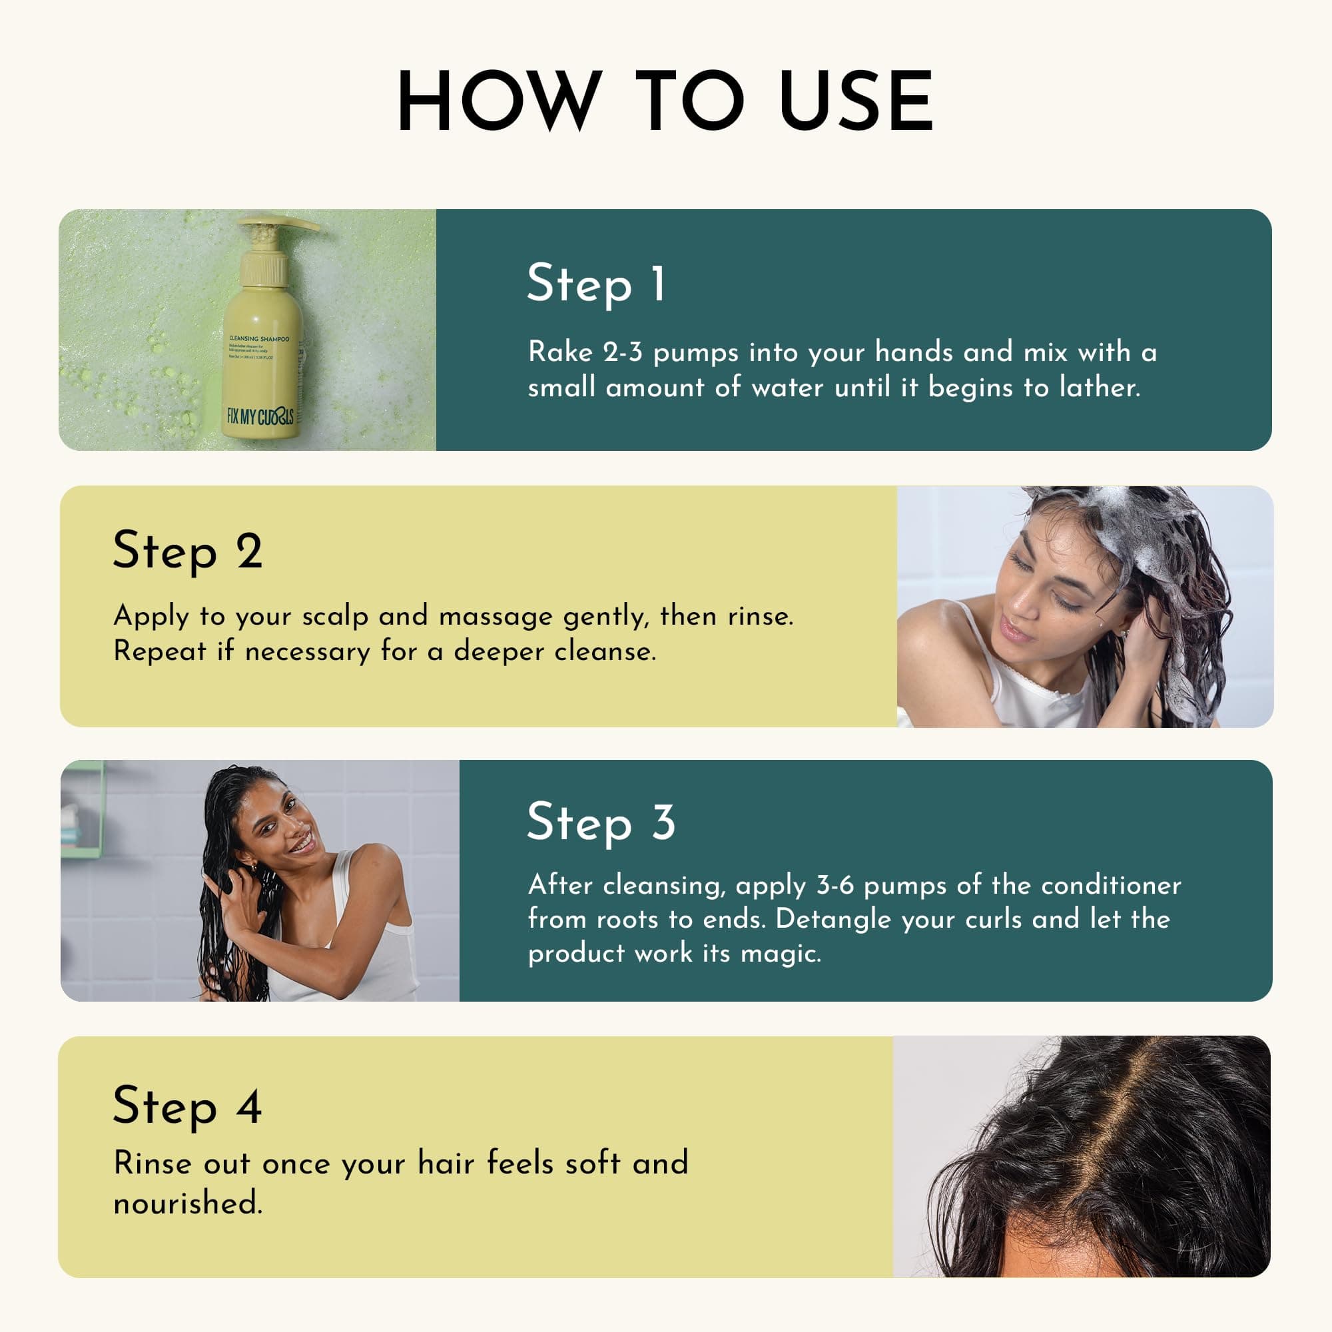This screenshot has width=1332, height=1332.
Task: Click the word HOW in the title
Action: pyautogui.click(x=495, y=101)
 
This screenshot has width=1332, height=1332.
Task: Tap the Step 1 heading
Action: pyautogui.click(x=595, y=283)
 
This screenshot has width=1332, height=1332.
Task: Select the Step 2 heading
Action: pyautogui.click(x=188, y=551)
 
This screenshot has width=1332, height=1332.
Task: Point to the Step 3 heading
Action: pyautogui.click(x=601, y=822)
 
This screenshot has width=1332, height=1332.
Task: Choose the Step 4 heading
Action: pyautogui.click(x=188, y=1106)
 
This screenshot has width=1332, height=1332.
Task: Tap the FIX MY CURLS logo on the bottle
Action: pyautogui.click(x=260, y=416)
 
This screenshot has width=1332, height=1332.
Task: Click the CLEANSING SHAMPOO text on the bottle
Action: pyautogui.click(x=258, y=338)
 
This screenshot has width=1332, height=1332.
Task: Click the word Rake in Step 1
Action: pyautogui.click(x=560, y=352)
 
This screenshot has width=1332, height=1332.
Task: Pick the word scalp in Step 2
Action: pyautogui.click(x=335, y=615)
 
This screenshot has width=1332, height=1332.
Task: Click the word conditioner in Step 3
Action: pyautogui.click(x=1111, y=884)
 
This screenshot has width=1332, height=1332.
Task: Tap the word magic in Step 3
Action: pyautogui.click(x=780, y=954)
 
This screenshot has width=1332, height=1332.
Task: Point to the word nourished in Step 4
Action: pyautogui.click(x=188, y=1203)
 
